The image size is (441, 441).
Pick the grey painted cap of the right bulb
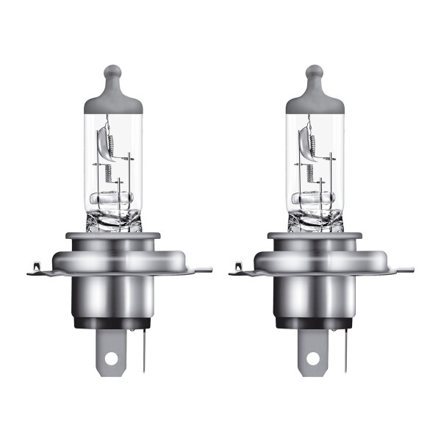[x=314, y=100]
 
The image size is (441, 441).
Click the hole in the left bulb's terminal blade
[x=112, y=360]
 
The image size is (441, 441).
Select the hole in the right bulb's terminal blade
[x=314, y=360]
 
